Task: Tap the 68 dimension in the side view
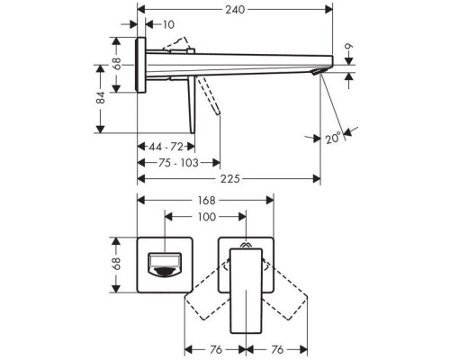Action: (x=116, y=64)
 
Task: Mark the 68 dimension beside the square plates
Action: (x=116, y=264)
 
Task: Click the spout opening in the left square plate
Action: (x=167, y=265)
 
